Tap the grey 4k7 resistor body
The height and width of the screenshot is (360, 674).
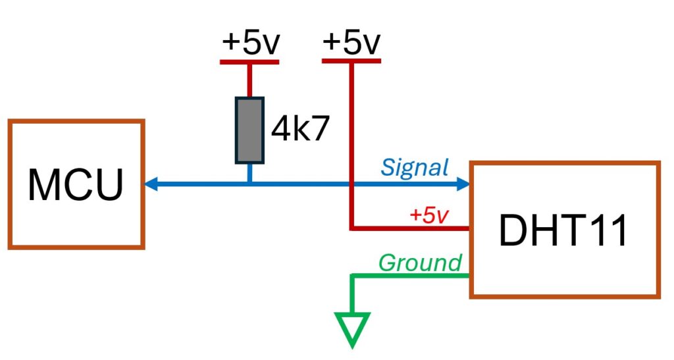click(x=249, y=130)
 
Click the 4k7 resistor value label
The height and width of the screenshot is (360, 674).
click(x=299, y=131)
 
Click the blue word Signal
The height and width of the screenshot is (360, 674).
click(x=415, y=168)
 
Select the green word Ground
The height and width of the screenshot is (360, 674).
click(x=420, y=263)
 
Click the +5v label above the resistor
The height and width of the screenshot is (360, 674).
click(x=251, y=43)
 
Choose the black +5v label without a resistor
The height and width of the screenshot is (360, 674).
click(x=351, y=43)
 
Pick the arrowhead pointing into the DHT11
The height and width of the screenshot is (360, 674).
click(x=461, y=185)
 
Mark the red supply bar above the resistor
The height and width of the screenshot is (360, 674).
click(x=249, y=63)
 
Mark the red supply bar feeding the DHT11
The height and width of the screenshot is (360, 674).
click(x=351, y=61)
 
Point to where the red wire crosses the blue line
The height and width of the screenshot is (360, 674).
click(x=351, y=185)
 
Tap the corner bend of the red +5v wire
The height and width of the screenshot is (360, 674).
click(x=351, y=228)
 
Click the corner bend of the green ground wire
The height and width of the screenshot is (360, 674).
click(x=353, y=275)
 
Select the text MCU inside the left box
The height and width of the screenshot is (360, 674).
click(x=76, y=185)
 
